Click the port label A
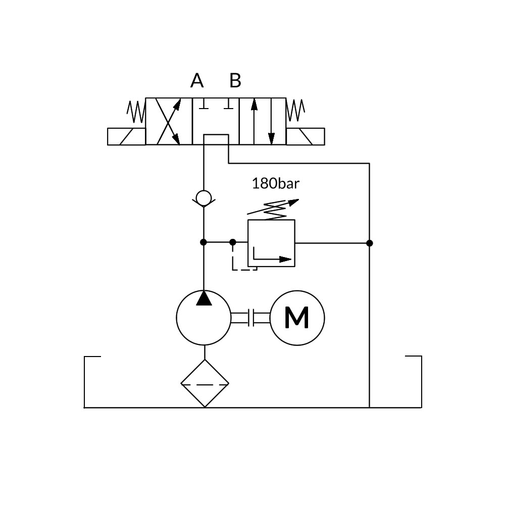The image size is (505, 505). [x=197, y=80]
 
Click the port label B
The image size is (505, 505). [x=235, y=80]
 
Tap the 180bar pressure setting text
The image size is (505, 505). [x=275, y=183]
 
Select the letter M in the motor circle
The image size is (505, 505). [x=296, y=318]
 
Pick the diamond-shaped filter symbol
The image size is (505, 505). [x=205, y=383]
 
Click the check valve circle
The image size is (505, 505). [x=204, y=198]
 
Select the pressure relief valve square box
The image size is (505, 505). [x=271, y=243]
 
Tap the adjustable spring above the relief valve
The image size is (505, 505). [x=273, y=209]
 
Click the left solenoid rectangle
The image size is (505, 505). [x=126, y=136]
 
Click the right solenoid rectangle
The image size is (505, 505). [x=306, y=136]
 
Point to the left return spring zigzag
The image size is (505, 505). [x=136, y=111]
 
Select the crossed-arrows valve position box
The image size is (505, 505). [x=169, y=121]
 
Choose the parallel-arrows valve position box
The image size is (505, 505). [x=263, y=121]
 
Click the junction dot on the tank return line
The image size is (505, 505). [x=370, y=243]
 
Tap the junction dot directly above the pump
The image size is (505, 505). [x=204, y=242]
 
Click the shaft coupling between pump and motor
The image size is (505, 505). [x=251, y=318]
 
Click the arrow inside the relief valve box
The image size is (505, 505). [x=273, y=259]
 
